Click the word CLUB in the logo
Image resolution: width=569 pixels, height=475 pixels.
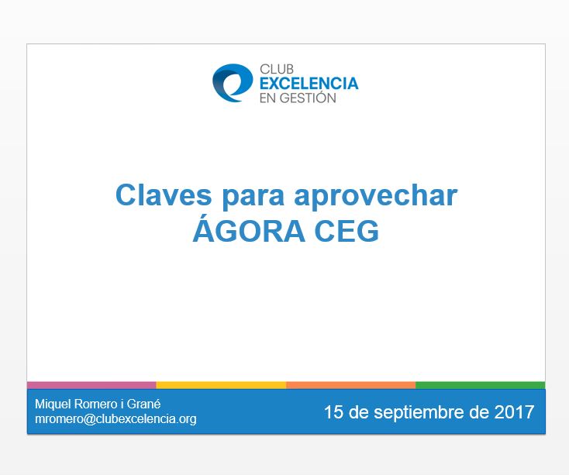[277, 69]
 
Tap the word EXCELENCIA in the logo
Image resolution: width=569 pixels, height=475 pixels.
[309, 84]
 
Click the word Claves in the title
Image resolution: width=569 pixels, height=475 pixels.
[164, 195]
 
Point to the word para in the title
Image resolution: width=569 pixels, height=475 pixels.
[253, 198]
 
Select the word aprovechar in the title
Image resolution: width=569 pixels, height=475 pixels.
[375, 197]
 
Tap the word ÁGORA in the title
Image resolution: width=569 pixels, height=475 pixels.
[249, 229]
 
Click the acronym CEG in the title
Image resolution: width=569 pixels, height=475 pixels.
[347, 231]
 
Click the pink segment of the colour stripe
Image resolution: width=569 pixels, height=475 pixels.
[91, 385]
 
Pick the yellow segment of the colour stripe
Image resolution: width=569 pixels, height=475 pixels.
[221, 385]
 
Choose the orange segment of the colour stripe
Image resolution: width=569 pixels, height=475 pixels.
[351, 385]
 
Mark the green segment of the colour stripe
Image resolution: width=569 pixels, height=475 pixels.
[481, 385]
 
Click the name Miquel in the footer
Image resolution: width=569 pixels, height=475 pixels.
[53, 404]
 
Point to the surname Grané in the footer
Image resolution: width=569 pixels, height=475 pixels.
[143, 404]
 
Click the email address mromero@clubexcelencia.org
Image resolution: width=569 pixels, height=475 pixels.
[116, 419]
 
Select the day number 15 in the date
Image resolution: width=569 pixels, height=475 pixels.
[333, 412]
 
